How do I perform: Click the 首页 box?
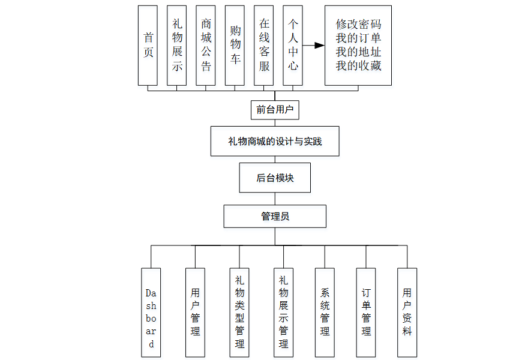[x=148, y=45]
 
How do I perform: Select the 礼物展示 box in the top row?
[x=177, y=45]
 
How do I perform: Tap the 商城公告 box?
[x=206, y=45]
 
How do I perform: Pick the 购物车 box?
[x=235, y=45]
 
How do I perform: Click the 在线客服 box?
[x=264, y=45]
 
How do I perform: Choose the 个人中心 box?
[x=293, y=45]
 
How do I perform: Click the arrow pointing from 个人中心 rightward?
[x=313, y=45]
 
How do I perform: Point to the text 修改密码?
[x=358, y=25]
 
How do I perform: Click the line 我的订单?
[x=358, y=38]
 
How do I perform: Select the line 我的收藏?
[x=358, y=66]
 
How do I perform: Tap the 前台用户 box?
[x=275, y=110]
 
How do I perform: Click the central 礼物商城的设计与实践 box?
[x=275, y=142]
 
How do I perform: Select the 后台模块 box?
[x=275, y=178]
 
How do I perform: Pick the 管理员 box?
[x=275, y=216]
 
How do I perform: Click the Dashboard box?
[x=151, y=313]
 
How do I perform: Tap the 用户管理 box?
[x=195, y=313]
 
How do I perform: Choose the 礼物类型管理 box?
[x=239, y=313]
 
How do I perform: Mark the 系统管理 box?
[x=325, y=313]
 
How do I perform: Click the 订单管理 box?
[x=366, y=313]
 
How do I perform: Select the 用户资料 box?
[x=407, y=313]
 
